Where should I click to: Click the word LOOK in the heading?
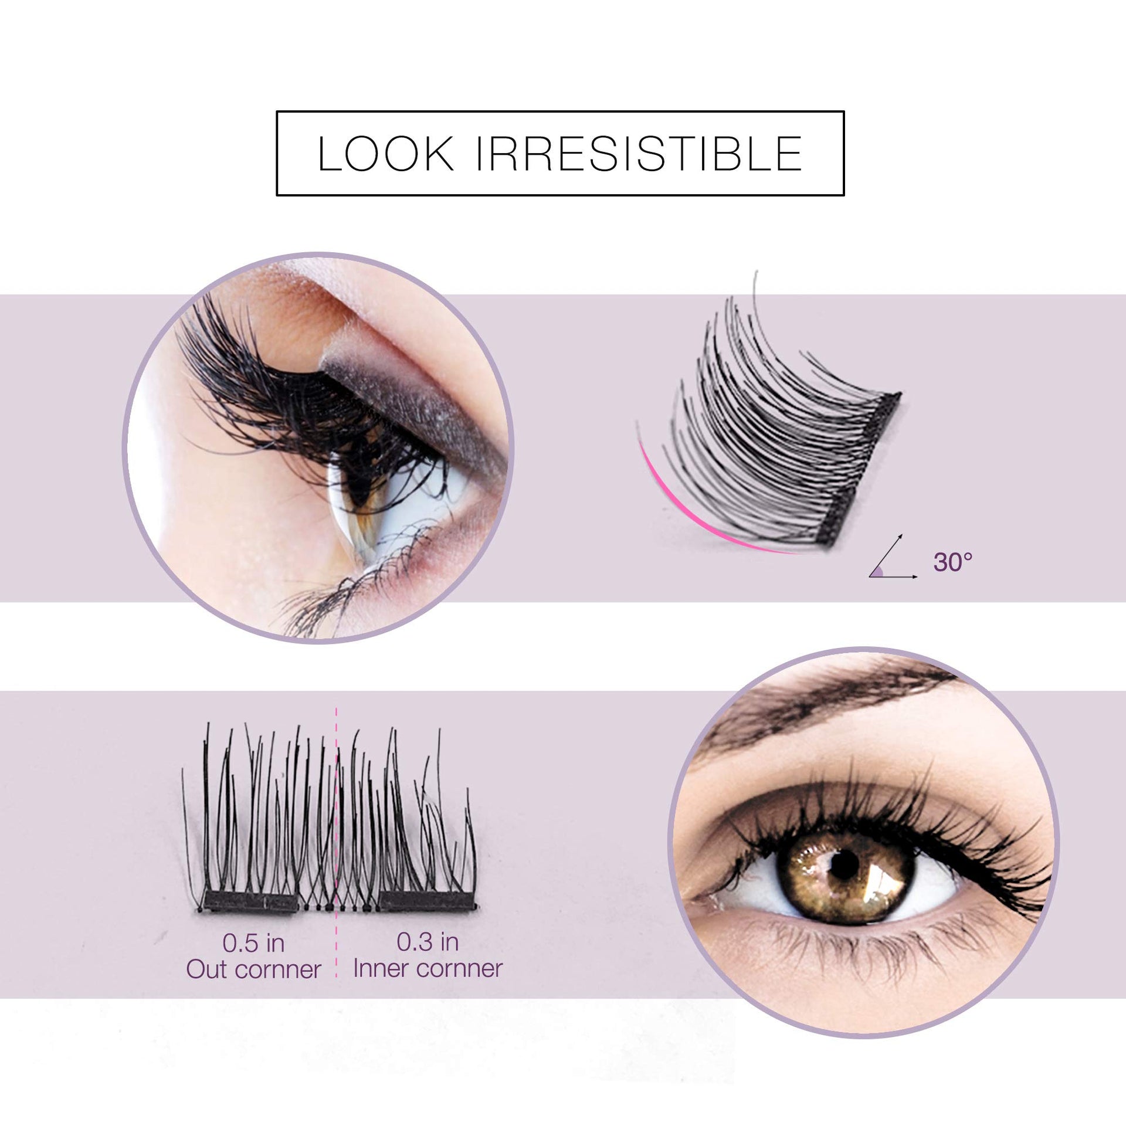tap(386, 154)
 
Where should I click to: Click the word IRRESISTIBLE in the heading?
tap(639, 154)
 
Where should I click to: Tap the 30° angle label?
tap(953, 562)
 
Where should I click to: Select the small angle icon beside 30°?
tap(893, 557)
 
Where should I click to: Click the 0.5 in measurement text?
tap(253, 944)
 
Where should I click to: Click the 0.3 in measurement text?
tap(428, 942)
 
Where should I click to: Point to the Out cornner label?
tap(253, 970)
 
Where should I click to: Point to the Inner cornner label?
tap(428, 969)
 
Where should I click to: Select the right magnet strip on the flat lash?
tap(426, 900)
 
